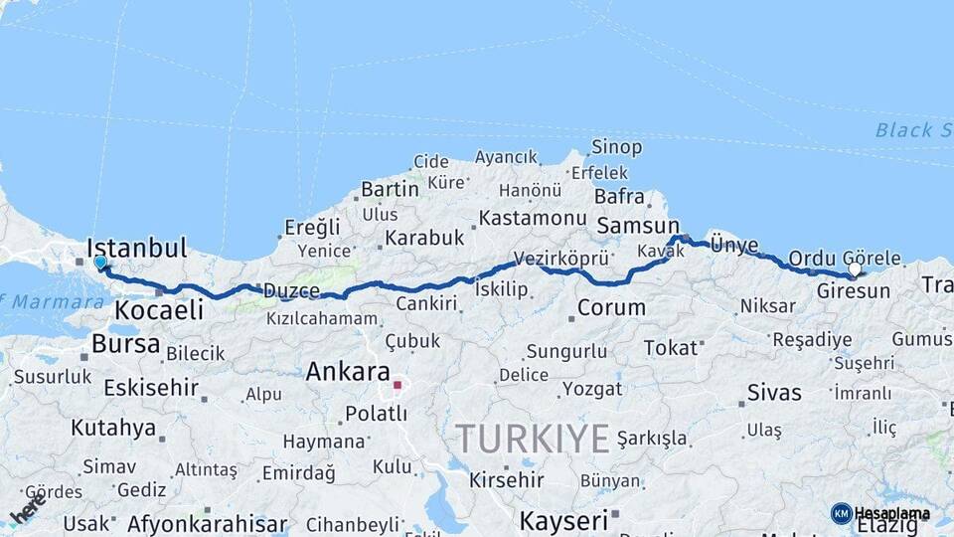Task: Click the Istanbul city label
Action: point(137,248)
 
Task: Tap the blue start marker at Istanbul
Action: point(100,263)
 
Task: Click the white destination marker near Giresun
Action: point(855,269)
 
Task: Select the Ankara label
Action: point(348,372)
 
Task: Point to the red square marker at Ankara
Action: point(397,384)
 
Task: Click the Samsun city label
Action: point(637,227)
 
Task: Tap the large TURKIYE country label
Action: point(532,438)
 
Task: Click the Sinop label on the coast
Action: point(616,147)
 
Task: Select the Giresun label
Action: point(853,291)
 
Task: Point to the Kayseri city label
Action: point(562,520)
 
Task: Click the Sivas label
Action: point(774,393)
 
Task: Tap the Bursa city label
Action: point(124,344)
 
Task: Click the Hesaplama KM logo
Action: point(880,513)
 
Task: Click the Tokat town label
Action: point(671,348)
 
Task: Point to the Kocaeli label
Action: point(159,309)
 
